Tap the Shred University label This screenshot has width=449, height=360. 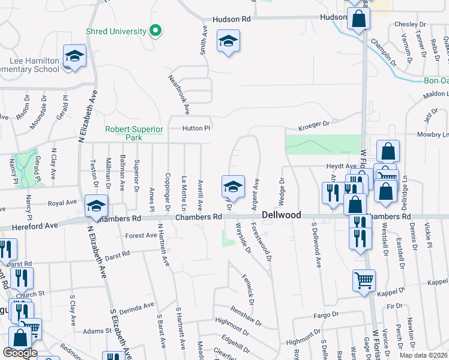(116, 31)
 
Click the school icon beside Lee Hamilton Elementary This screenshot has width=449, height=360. (74, 56)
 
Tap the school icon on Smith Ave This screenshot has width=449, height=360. (228, 41)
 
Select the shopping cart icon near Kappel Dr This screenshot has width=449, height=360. (364, 279)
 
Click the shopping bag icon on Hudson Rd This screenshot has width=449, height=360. (358, 20)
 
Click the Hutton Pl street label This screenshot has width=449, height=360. (197, 128)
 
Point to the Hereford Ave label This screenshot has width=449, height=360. (35, 225)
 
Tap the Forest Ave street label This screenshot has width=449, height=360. (141, 236)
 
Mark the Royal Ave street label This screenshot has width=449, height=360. (63, 203)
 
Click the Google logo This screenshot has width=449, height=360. (20, 353)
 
